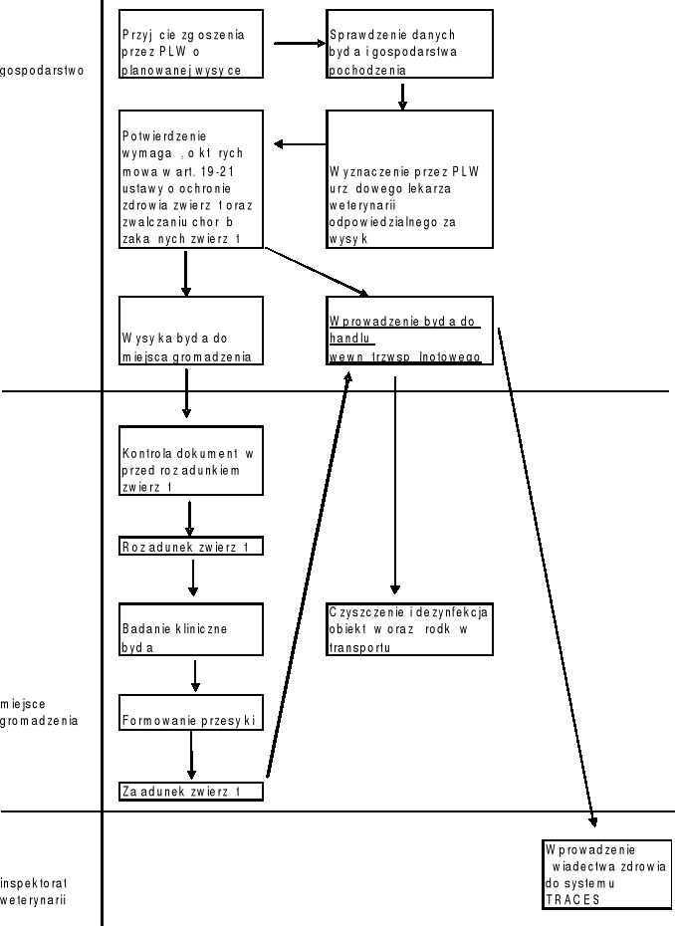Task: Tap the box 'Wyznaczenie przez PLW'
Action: [x=409, y=178]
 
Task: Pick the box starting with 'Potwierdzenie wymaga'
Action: [x=191, y=178]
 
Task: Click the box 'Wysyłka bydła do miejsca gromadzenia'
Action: [x=191, y=330]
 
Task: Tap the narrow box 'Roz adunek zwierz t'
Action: [x=191, y=547]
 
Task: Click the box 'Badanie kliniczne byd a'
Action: [x=191, y=628]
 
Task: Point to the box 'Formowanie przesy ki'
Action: [x=191, y=712]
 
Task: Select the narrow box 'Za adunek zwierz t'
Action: [x=191, y=792]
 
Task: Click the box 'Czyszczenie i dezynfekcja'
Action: [x=409, y=628]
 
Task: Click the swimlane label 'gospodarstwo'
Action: [x=43, y=71]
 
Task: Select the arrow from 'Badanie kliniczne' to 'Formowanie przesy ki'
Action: [x=195, y=674]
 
